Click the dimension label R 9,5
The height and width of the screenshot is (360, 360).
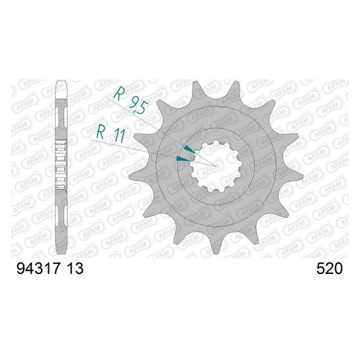click(130, 101)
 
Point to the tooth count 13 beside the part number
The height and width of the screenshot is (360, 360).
click(74, 269)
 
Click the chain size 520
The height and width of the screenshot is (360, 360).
click(330, 269)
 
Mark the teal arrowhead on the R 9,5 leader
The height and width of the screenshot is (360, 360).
click(189, 150)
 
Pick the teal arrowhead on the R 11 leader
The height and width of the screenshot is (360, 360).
click(183, 158)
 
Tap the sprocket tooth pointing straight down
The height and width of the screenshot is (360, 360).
click(215, 246)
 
